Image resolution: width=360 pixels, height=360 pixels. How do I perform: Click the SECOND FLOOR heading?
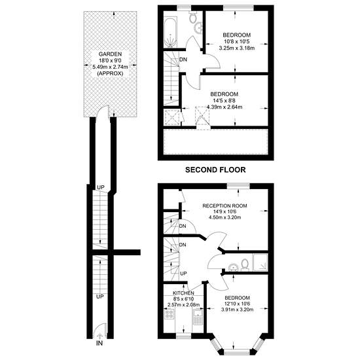pyautogui.click(x=215, y=170)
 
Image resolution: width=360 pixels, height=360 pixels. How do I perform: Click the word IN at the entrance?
pyautogui.click(x=99, y=343)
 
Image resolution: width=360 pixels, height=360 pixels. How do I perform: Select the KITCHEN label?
pyautogui.click(x=183, y=293)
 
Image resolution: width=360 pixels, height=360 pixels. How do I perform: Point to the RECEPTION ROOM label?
pyautogui.click(x=225, y=206)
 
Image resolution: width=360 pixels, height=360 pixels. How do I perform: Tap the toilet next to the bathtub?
pyautogui.click(x=192, y=17)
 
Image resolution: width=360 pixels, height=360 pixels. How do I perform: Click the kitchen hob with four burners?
pyautogui.click(x=170, y=314)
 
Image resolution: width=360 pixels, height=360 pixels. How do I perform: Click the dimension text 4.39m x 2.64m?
pyautogui.click(x=225, y=107)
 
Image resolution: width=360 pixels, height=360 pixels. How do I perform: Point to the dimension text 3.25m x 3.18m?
pyautogui.click(x=237, y=48)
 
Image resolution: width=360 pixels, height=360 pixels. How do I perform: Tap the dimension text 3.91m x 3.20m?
pyautogui.click(x=237, y=310)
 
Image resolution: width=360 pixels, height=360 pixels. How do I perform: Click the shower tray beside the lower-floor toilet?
pyautogui.click(x=260, y=262)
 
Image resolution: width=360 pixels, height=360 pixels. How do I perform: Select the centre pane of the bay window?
pyautogui.click(x=237, y=351)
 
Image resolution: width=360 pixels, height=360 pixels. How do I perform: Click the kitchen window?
pyautogui.click(x=184, y=336)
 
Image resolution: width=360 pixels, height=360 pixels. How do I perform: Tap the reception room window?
pyautogui.click(x=238, y=186)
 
